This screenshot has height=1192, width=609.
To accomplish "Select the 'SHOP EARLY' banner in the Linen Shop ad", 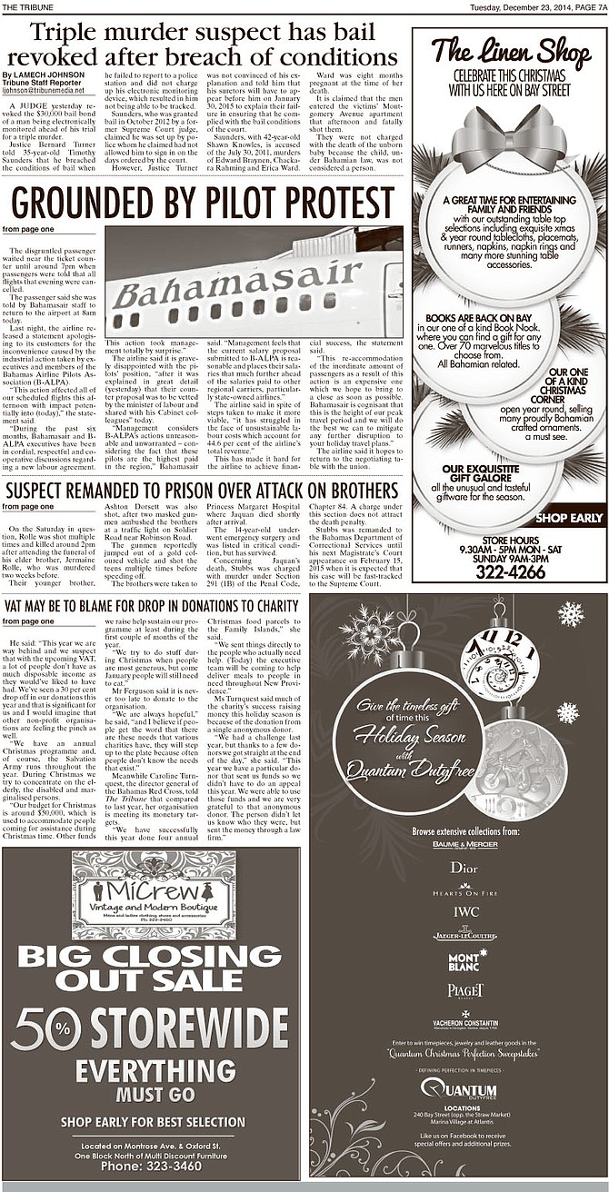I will coord(569,518).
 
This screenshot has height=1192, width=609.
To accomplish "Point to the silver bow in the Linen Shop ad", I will coord(509,136).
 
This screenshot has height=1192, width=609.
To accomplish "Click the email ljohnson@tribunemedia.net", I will coord(43,91).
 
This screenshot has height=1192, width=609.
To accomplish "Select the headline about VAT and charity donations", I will coord(151,605).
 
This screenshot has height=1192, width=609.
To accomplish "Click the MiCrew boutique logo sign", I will coord(153,894).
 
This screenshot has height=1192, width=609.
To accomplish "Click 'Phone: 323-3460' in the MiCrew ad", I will coord(151,1166).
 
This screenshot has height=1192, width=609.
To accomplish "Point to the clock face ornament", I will coord(499,664).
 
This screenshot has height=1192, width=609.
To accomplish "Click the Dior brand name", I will coord(464,867).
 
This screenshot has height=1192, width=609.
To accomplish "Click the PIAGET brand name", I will coord(465,990).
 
